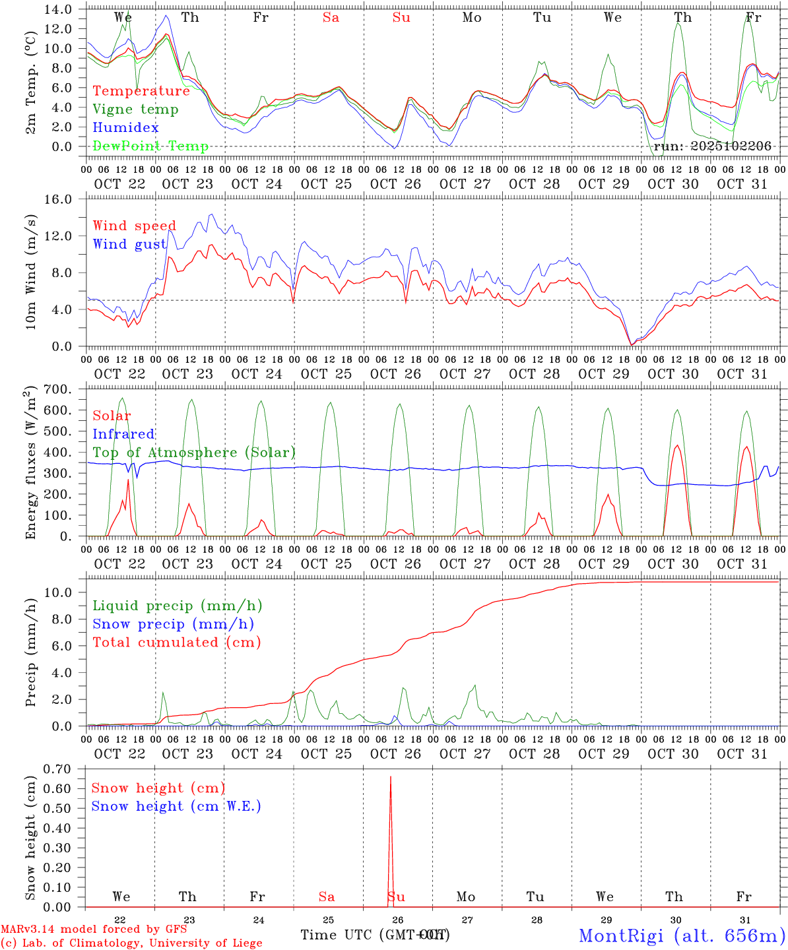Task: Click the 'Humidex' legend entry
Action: click(x=126, y=128)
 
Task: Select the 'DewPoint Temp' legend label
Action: click(x=150, y=146)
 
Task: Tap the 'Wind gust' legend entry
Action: click(x=129, y=244)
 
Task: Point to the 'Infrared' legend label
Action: click(x=123, y=434)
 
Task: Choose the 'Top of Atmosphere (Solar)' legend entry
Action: click(x=194, y=453)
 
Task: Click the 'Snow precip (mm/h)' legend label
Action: click(x=173, y=624)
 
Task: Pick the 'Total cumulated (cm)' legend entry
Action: click(x=177, y=642)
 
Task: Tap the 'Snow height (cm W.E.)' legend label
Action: click(x=176, y=806)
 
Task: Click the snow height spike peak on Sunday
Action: click(x=391, y=777)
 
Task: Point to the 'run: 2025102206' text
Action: click(x=712, y=146)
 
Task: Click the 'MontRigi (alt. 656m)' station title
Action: click(x=682, y=935)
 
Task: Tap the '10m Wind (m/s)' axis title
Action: click(x=31, y=273)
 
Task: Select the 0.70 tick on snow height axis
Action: click(x=59, y=769)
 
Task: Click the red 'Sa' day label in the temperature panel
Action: click(x=331, y=18)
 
